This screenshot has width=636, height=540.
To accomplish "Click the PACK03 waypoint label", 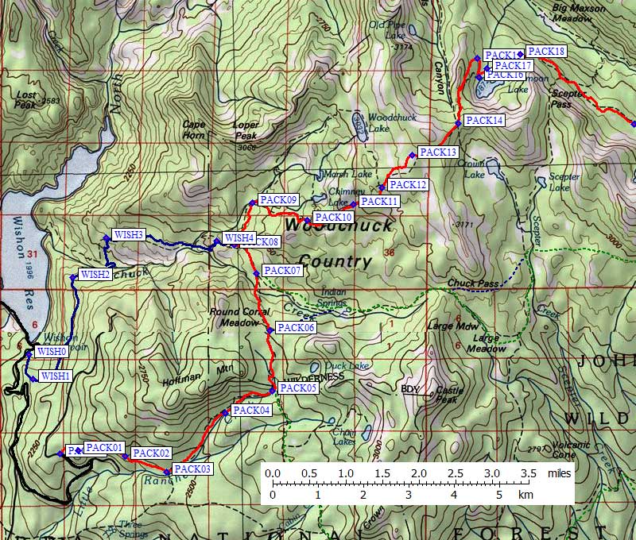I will point(193,469).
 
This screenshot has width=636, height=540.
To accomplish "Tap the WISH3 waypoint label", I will point(128,234).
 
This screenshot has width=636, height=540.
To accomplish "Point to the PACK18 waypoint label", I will point(546,52).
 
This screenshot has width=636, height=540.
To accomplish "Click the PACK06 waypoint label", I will point(297,327).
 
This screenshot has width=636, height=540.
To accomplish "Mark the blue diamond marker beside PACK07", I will point(256,273).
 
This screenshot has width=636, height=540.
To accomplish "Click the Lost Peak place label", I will point(26,99).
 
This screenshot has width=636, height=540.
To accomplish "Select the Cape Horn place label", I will point(194,129).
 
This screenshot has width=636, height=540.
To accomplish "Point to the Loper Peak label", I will point(246,130).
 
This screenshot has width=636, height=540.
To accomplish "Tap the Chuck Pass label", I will point(473,282).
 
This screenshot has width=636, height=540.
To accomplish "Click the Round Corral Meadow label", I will point(234,316).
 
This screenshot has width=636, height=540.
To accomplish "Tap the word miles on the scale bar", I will point(559,473).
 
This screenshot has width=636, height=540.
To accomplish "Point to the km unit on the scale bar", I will point(525,495).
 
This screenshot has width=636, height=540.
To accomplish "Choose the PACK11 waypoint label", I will point(378,202).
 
